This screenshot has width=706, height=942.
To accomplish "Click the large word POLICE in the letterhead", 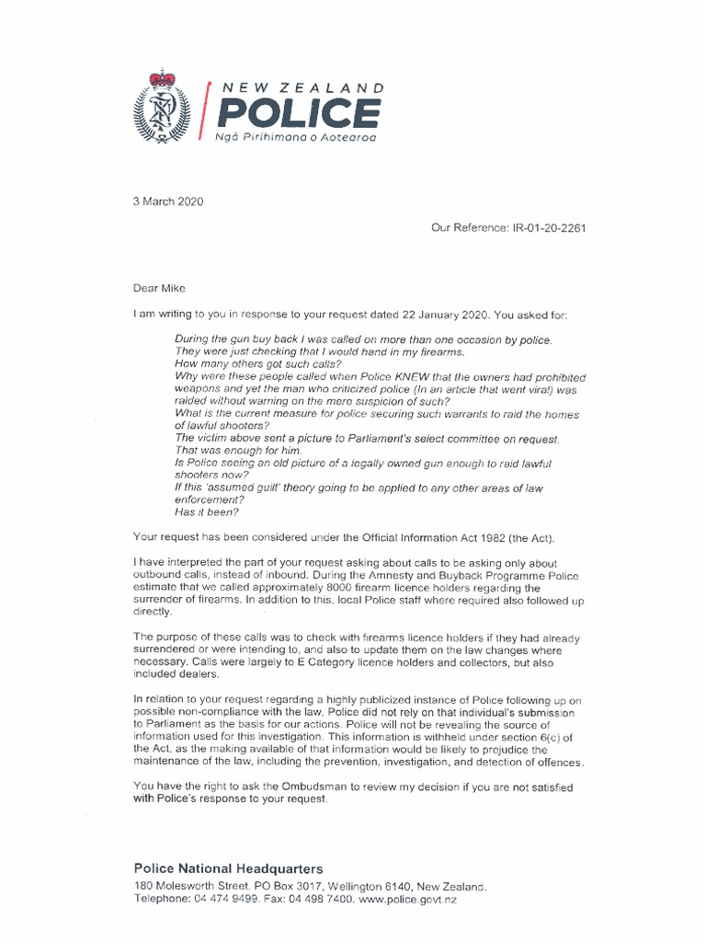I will (x=298, y=114).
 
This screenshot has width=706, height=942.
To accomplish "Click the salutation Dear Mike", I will (x=160, y=288).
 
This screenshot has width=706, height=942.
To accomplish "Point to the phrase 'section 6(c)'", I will (x=546, y=737).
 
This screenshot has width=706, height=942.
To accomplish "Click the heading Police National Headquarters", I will (x=228, y=868).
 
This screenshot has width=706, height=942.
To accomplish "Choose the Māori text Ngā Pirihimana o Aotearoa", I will (x=295, y=137).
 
